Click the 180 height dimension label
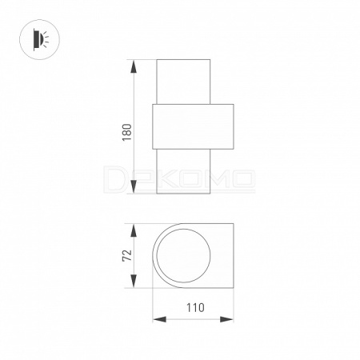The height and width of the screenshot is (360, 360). point(127,133)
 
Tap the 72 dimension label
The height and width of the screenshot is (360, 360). point(127,255)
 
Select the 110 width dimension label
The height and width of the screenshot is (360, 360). point(195,308)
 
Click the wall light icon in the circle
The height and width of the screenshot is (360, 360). point(40,39)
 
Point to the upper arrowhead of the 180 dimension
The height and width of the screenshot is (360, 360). point(134,66)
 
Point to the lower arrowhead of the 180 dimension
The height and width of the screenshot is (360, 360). point(134,186)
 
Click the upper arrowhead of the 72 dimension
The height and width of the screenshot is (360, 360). point(134,230)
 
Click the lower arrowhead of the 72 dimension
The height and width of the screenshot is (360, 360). point(134,281)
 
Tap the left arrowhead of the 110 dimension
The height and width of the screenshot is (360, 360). point(159,319)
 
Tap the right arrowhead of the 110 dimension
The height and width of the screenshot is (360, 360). point(226,319)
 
